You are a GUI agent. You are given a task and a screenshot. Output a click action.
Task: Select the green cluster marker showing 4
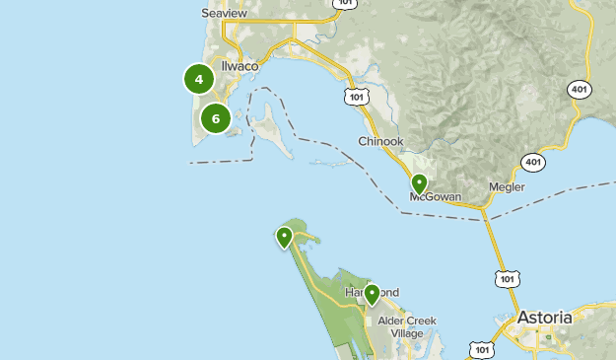tap(199, 79)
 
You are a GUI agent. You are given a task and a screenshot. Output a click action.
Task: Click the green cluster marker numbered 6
tap(216, 118)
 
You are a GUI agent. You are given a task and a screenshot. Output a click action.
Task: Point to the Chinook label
tap(380, 142)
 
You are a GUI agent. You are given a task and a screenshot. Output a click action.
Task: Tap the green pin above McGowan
tap(419, 184)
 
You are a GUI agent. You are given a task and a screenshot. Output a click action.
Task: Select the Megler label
tap(507, 187)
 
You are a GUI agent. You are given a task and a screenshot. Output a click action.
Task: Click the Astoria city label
tap(545, 319)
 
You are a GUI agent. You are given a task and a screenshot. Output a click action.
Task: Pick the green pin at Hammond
tap(372, 294)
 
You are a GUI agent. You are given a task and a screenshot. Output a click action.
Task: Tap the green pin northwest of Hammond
tap(284, 237)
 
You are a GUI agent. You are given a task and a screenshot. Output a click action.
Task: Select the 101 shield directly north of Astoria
tap(507, 279)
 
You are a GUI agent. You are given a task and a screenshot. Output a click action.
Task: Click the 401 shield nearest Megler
tap(533, 162)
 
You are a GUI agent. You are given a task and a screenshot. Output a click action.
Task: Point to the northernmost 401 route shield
tap(580, 90)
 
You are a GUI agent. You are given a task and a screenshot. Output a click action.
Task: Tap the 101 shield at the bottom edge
tap(481, 350)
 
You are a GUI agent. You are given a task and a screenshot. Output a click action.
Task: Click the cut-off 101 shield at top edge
tap(344, 4)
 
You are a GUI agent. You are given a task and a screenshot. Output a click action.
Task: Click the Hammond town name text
tap(371, 294)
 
